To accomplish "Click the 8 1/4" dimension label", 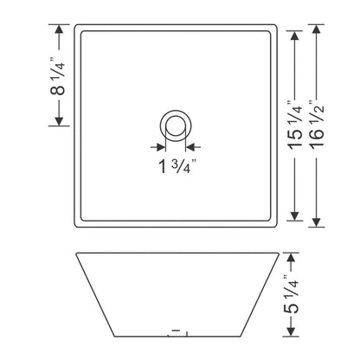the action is pyautogui.click(x=57, y=76).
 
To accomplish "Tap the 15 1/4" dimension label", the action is pyautogui.click(x=295, y=125).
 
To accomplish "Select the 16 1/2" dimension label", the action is pyautogui.click(x=317, y=125).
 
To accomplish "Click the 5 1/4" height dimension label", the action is pyautogui.click(x=292, y=294).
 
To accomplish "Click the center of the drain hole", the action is pyautogui.click(x=176, y=125).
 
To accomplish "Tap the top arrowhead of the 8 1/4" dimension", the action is pyautogui.click(x=59, y=29).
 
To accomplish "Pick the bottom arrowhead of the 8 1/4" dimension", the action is pyautogui.click(x=59, y=121).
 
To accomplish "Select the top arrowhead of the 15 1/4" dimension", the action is pyautogui.click(x=295, y=35).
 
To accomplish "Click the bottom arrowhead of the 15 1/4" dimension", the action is pyautogui.click(x=295, y=215).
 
